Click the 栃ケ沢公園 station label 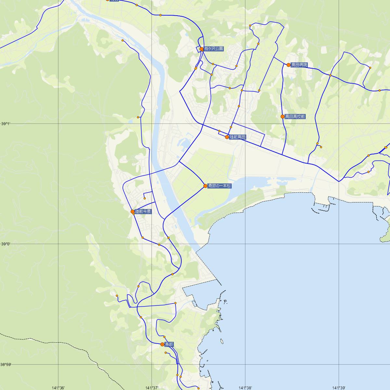click(214, 49)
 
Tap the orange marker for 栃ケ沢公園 click(201, 49)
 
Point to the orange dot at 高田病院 click(289, 65)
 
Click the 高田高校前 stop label click(295, 116)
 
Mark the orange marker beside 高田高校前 click(283, 116)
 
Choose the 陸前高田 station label click(238, 137)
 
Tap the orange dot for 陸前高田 click(227, 137)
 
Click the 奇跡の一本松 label click(219, 186)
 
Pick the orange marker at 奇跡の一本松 click(205, 186)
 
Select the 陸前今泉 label click(143, 212)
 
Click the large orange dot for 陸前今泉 click(133, 212)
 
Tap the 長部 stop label click(169, 344)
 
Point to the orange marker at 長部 click(162, 344)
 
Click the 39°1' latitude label click(6, 124)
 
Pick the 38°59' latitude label click(6, 365)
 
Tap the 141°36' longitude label click(58, 388)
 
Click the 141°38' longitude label click(245, 388)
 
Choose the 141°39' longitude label click(339, 388)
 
